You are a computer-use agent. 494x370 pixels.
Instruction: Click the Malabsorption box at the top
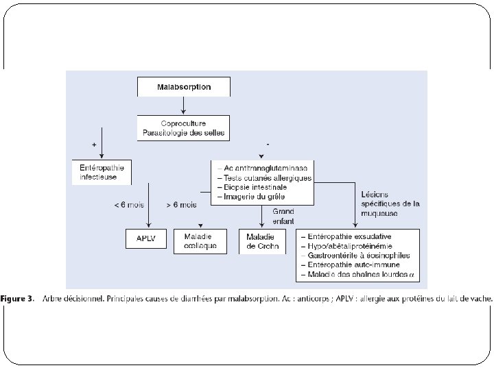183,87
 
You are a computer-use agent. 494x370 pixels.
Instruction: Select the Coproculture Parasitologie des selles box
183,127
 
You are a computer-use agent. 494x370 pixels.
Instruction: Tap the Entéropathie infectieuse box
102,171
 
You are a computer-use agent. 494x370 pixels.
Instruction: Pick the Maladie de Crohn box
261,241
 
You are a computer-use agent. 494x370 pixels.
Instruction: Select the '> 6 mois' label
182,205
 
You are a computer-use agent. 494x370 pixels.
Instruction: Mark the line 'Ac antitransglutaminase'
261,168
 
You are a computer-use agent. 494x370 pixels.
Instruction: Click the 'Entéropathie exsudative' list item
346,235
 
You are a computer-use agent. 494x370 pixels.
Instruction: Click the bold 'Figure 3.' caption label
19,299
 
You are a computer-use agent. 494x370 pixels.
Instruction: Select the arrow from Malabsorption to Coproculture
183,104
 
